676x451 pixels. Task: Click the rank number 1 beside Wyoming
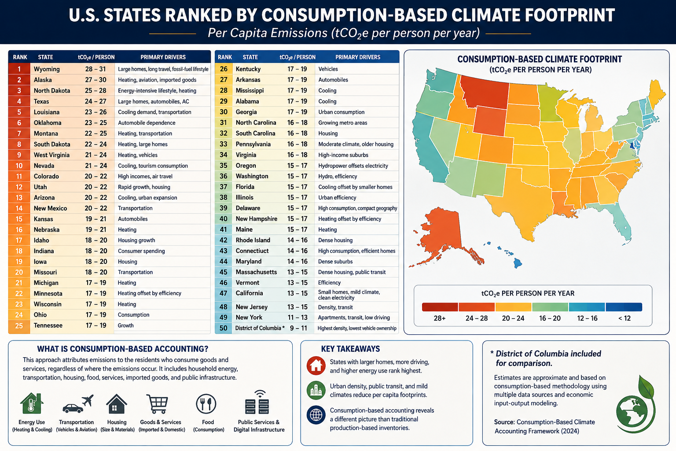click(19, 69)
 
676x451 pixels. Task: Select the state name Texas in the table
click(41, 101)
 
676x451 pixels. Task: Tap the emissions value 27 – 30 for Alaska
click(96, 80)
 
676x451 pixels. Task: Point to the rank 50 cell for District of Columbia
click(223, 328)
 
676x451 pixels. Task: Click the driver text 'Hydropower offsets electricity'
click(353, 166)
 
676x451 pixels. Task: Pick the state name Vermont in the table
click(247, 283)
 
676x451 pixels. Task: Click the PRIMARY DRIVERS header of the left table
click(163, 57)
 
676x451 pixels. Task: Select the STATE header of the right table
click(250, 57)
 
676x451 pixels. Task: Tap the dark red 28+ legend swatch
click(440, 307)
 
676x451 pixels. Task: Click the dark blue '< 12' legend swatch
click(624, 307)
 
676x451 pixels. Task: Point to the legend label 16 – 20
click(550, 318)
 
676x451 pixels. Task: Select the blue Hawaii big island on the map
click(518, 263)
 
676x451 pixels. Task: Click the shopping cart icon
click(157, 404)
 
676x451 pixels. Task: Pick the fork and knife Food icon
click(206, 403)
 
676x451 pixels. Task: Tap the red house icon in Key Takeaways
click(316, 366)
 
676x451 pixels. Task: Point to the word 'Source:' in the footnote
click(504, 422)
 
